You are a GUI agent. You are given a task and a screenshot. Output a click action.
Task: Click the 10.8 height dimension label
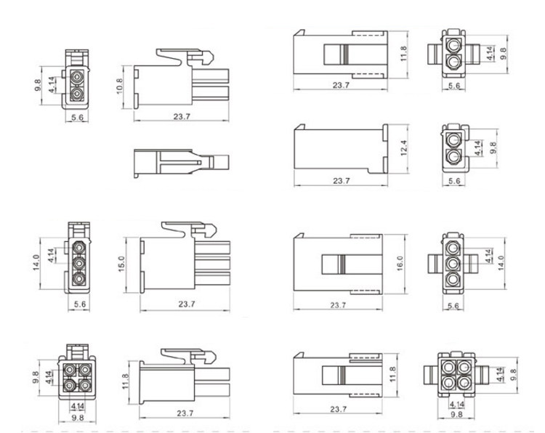pos(119,87)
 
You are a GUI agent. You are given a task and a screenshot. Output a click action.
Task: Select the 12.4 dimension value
pos(403,147)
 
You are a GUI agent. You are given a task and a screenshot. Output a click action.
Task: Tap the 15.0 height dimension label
pos(121,264)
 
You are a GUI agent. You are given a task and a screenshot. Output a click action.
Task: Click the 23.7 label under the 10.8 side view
pos(182,116)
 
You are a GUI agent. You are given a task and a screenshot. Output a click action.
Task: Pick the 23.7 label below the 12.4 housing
pos(342,181)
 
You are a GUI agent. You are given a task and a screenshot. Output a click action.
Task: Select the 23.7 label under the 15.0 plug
pos(187,304)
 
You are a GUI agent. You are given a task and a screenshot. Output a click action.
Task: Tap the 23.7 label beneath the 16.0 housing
pos(338,304)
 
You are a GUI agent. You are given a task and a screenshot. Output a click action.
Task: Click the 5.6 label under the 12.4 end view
pos(454,181)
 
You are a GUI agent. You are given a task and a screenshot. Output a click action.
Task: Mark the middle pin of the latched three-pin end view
pos(79,263)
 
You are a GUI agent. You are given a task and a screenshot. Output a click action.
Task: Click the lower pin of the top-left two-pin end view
pos(77,94)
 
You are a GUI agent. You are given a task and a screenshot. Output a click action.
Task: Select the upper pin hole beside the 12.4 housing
pos(453,140)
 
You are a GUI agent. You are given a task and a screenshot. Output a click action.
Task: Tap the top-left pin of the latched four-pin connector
pos(70,369)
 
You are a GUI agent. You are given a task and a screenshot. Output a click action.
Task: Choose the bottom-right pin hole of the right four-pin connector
pos(464,383)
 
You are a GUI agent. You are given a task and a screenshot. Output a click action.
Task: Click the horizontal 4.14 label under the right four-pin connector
pos(457,405)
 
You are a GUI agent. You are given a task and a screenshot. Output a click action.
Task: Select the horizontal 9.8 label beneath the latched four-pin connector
pos(78,418)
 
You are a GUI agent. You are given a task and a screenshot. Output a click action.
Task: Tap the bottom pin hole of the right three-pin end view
pos(453,280)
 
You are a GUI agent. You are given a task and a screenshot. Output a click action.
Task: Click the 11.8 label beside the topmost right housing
pos(403,54)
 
